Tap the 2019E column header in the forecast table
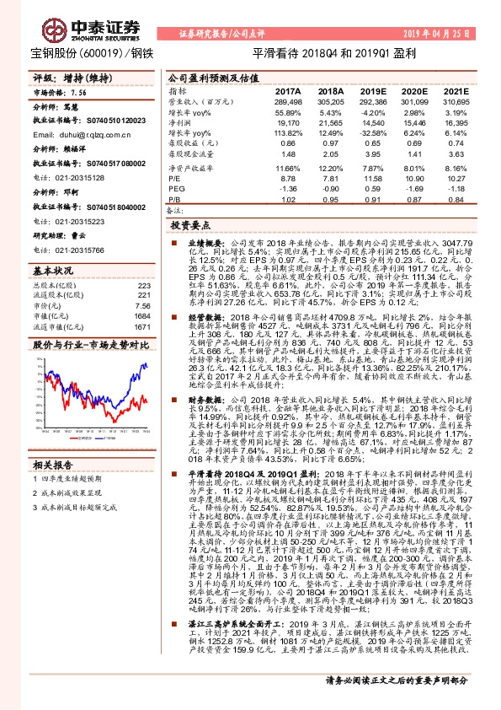pos(373,90)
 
